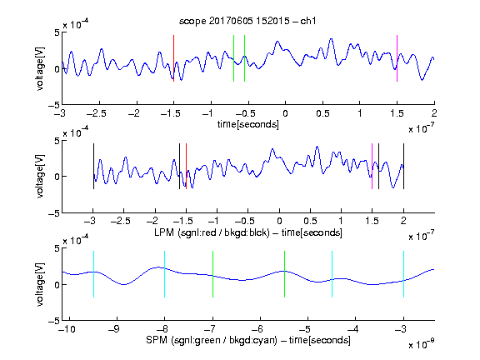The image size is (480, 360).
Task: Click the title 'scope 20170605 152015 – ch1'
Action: coord(247,21)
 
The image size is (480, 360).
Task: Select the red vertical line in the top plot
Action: coord(174,58)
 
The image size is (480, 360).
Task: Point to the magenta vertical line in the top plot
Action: coord(397,58)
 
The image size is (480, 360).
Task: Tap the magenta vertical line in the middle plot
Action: coord(372,166)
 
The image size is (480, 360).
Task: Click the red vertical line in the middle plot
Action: coord(186,166)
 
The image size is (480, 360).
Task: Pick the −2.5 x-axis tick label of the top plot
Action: coord(97,113)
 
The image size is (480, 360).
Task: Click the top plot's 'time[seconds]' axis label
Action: coord(248,124)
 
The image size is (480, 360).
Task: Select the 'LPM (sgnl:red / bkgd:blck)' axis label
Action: coord(212,232)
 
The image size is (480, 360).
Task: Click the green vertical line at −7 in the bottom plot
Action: coord(212,274)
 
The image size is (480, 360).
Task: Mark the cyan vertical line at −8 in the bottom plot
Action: coord(165,274)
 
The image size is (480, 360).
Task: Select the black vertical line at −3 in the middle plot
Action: coord(93,166)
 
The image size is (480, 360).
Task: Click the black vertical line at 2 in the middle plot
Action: coord(404,166)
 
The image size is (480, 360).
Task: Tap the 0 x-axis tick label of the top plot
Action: coord(285,113)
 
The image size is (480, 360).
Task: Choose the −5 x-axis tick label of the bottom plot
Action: coord(307,329)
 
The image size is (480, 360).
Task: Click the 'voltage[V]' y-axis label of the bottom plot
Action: coord(40,284)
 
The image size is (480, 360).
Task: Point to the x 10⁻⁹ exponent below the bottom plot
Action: coord(421,344)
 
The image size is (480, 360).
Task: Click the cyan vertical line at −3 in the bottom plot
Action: coord(404,274)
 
